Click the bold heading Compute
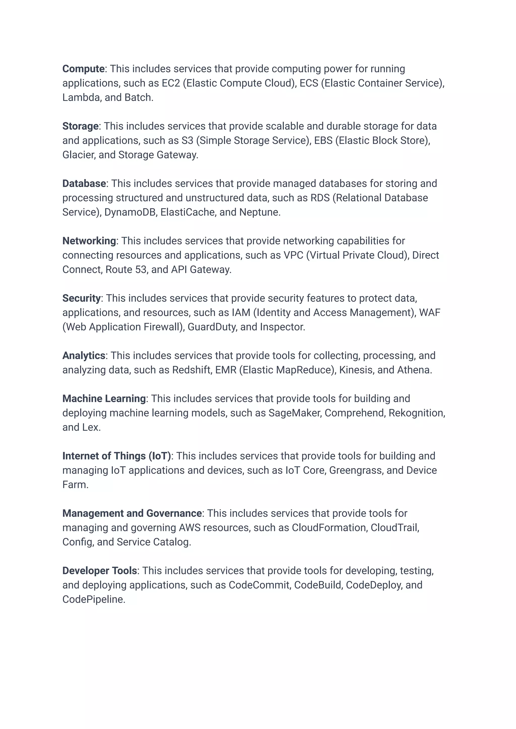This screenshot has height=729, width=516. click(83, 69)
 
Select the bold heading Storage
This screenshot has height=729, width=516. click(80, 126)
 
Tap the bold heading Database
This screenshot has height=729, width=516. click(84, 184)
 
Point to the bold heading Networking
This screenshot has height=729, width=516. click(89, 241)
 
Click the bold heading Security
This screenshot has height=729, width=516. click(81, 298)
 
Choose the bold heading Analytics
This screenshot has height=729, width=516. click(84, 356)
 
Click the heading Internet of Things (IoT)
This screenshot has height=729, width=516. click(117, 456)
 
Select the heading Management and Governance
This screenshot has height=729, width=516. click(132, 513)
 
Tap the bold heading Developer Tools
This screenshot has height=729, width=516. click(100, 571)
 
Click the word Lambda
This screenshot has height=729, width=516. click(81, 98)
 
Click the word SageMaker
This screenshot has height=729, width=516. click(295, 413)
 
